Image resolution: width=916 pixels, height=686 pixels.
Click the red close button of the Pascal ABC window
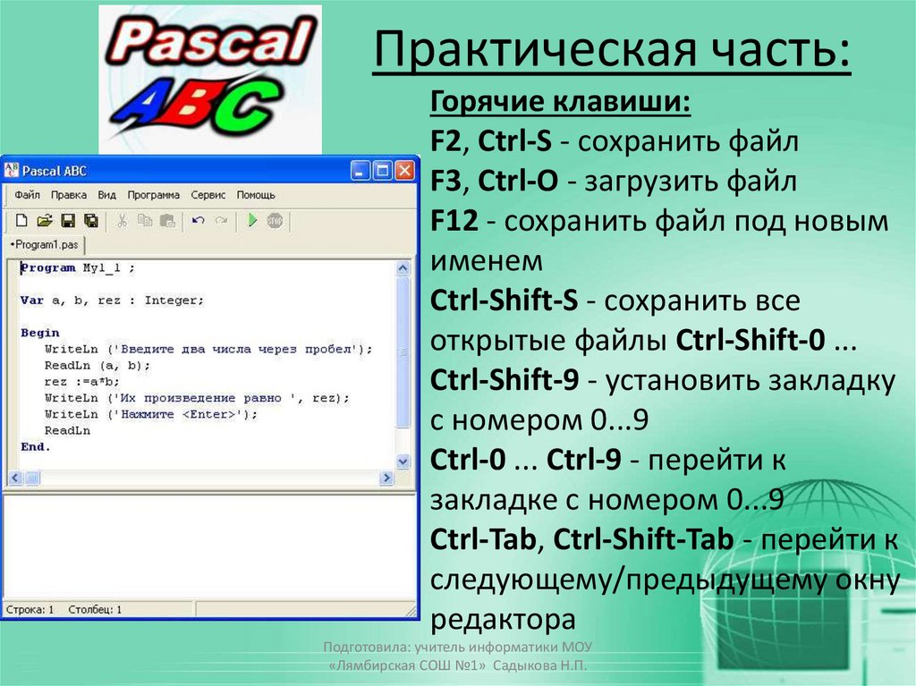click(405, 170)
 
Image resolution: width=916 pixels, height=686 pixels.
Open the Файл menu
click(27, 194)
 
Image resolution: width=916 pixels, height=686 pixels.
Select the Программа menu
click(153, 194)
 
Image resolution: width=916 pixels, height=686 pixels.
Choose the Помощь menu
click(256, 194)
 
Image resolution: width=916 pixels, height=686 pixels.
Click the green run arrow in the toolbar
click(252, 220)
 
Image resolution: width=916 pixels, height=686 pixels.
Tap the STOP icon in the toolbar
click(275, 220)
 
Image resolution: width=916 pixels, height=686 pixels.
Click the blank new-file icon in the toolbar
click(21, 220)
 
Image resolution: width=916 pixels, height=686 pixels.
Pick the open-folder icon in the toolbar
click(44, 220)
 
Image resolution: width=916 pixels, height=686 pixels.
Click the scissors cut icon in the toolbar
click(123, 220)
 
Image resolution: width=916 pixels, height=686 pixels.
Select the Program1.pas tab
click(47, 243)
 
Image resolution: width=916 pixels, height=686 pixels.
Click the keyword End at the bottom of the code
click(34, 446)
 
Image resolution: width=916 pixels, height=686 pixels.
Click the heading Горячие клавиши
click(560, 102)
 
